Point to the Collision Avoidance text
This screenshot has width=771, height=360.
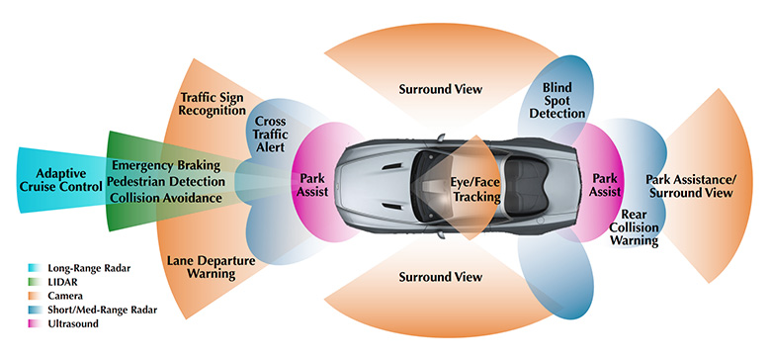tap(167, 199)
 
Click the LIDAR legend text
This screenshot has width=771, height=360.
tap(63, 282)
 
